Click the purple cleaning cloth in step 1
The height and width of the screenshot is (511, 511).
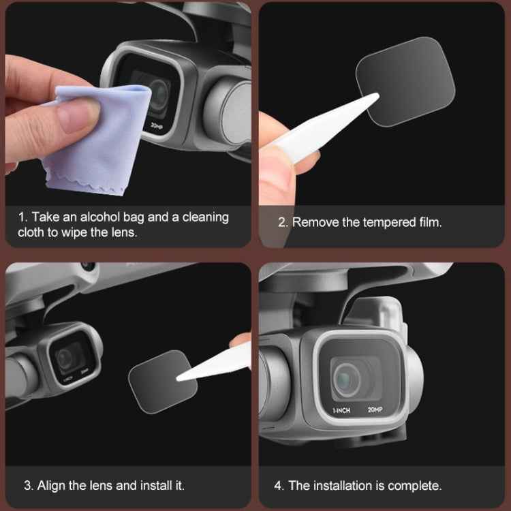(102, 143)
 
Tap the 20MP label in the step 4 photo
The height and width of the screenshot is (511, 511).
(375, 409)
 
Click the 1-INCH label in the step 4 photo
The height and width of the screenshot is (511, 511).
(342, 410)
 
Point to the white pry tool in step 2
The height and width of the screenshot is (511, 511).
(320, 129)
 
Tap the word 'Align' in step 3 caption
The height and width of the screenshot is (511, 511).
(52, 486)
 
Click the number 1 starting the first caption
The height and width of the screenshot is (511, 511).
(21, 217)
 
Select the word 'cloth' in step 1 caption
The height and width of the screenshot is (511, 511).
(31, 232)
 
